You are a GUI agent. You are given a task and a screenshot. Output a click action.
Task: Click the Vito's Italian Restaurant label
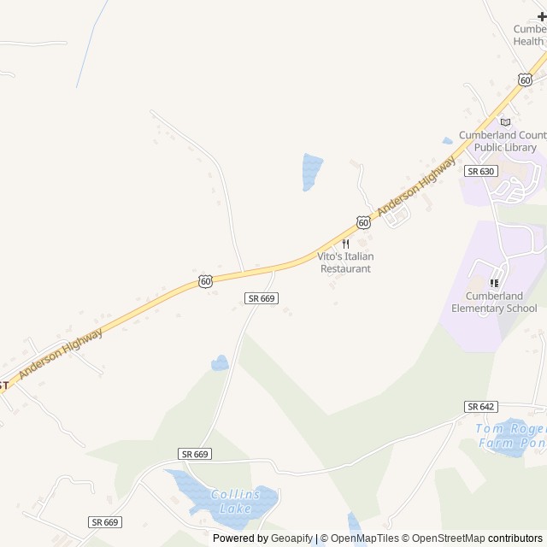pos(345,262)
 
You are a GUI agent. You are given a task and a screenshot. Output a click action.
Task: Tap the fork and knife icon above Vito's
pos(345,244)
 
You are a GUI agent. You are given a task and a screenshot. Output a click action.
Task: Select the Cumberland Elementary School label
pos(494,302)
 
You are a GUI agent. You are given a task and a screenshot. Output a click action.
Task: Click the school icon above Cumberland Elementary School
pos(493,283)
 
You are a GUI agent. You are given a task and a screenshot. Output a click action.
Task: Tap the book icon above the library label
pos(505,121)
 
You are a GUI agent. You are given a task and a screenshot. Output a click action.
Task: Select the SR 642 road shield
pos(482,406)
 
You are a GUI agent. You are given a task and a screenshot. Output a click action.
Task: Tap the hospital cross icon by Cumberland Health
pos(541,16)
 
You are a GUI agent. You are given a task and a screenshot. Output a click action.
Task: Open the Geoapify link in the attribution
pos(291,538)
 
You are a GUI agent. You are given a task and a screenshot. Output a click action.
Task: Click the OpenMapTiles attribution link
pos(363,538)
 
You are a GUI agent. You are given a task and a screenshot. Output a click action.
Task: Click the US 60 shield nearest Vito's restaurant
pos(364,222)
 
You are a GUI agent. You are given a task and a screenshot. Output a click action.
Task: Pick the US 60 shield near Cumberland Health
pos(525,79)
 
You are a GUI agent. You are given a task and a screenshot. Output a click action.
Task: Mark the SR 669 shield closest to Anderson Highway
pos(261,297)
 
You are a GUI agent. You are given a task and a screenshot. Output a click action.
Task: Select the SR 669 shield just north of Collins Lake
pos(195,454)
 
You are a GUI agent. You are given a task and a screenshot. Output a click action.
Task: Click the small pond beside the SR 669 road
pos(221,363)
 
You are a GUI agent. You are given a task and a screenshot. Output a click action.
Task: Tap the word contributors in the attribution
pos(515,538)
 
